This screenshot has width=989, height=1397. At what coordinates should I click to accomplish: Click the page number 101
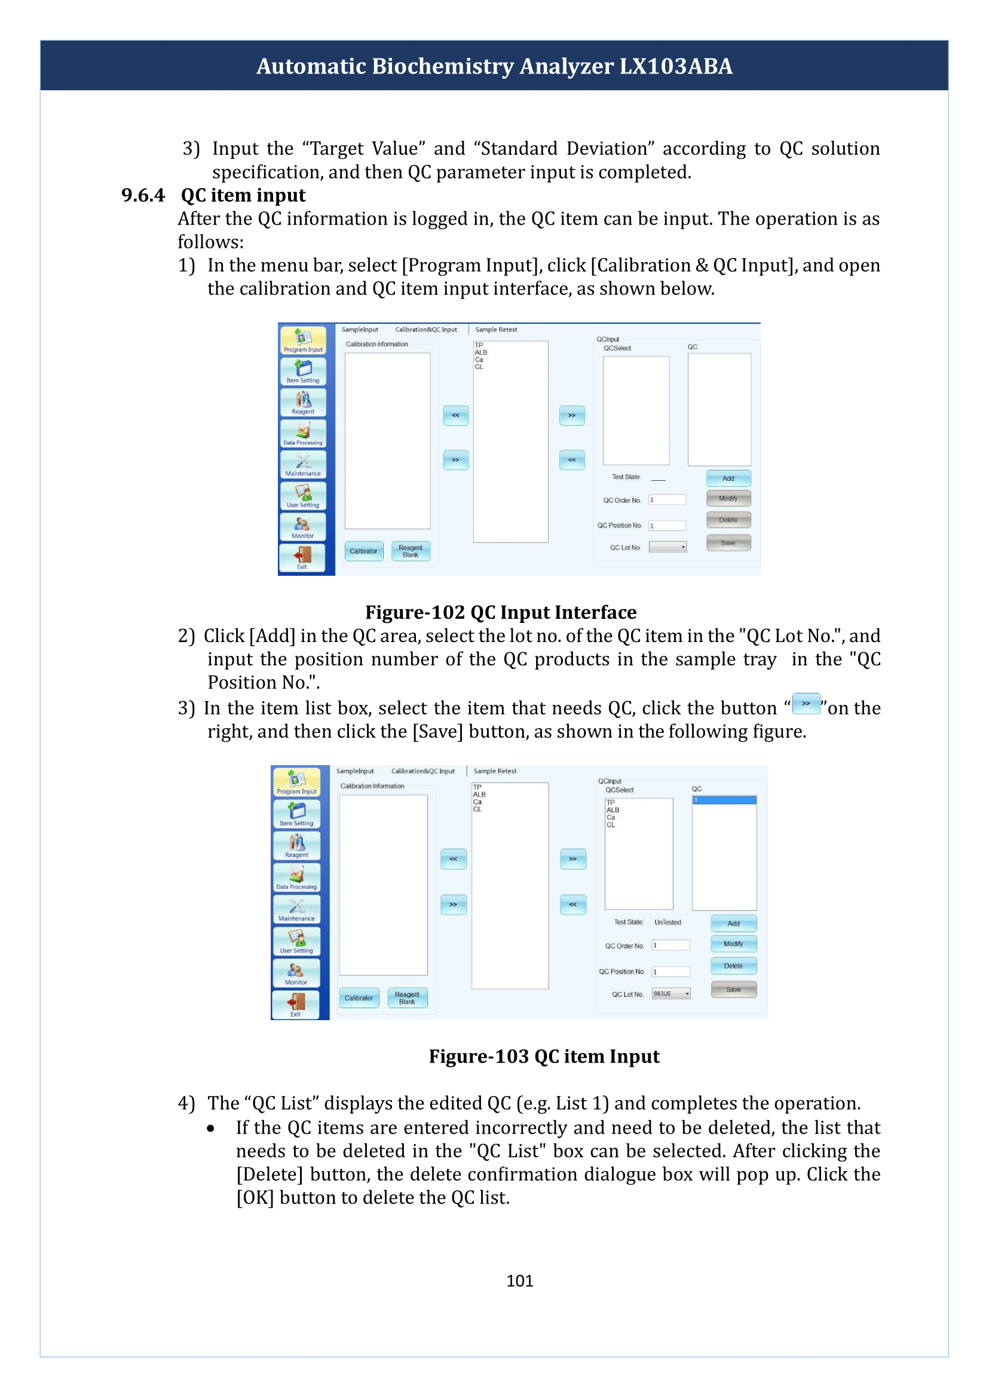(519, 1280)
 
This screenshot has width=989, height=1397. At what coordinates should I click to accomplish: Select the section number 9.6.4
(143, 195)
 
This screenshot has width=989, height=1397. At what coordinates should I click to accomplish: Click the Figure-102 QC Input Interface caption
(501, 612)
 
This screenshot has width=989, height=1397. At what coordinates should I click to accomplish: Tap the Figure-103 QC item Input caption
(544, 1056)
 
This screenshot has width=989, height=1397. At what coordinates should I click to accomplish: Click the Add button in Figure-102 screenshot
(728, 478)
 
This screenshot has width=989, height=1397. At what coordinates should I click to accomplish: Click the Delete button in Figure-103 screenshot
(733, 965)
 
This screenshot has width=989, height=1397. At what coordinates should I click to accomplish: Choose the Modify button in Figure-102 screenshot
(728, 498)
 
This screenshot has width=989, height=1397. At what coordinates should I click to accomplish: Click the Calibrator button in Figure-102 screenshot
(363, 551)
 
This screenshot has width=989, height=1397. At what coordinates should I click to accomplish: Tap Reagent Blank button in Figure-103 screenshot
(408, 997)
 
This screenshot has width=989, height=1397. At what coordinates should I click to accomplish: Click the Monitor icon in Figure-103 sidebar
(296, 973)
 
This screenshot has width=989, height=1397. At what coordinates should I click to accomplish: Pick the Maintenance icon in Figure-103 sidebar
(296, 910)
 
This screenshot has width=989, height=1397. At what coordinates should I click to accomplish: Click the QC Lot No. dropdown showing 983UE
(671, 993)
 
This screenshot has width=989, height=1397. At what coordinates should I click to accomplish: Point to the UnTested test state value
(668, 922)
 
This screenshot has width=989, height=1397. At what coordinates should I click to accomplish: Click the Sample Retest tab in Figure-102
(496, 330)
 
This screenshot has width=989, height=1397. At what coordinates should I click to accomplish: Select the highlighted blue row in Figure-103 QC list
(724, 800)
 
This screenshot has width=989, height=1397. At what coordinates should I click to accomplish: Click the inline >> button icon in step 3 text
(806, 704)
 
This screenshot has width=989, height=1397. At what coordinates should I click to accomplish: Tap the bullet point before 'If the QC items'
(211, 1129)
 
